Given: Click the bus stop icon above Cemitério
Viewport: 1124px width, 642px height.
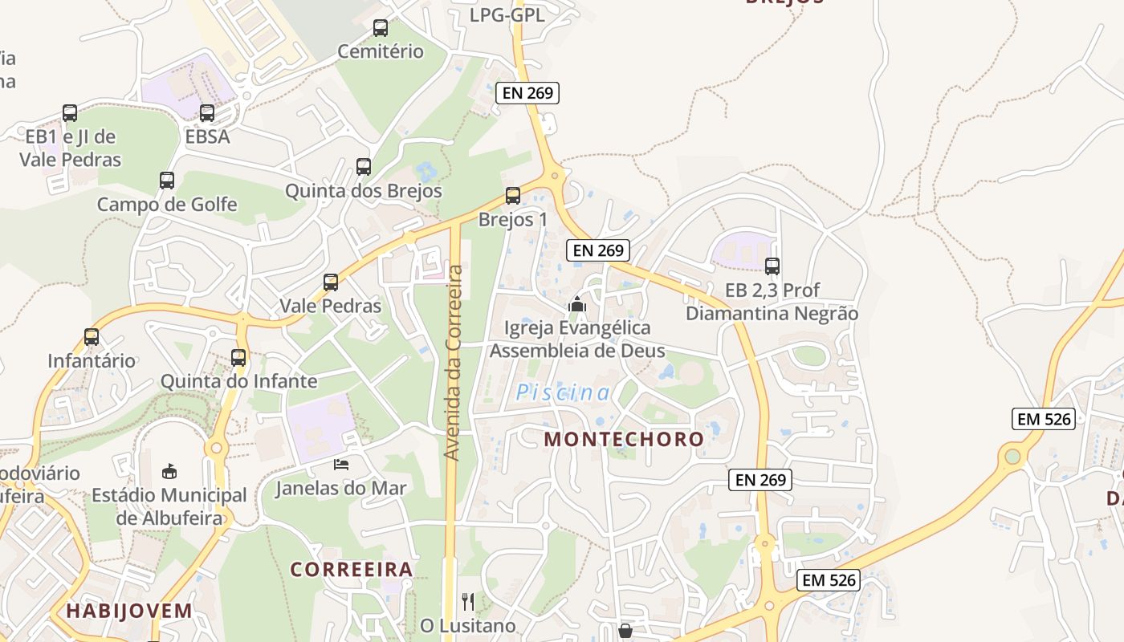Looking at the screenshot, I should click(x=381, y=28).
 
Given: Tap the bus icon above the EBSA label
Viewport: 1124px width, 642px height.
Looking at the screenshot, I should click(x=207, y=113).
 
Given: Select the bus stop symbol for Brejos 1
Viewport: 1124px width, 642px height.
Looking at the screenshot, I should click(x=512, y=196).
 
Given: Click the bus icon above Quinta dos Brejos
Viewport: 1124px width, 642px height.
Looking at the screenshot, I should click(x=364, y=167).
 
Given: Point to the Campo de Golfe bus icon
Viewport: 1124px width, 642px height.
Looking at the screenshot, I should click(x=167, y=181).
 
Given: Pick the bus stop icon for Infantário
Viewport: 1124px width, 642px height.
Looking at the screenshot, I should click(x=92, y=337).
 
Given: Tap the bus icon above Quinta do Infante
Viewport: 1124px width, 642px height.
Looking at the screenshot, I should click(x=238, y=358).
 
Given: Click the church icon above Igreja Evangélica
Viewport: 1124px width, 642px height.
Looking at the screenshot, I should click(x=576, y=304).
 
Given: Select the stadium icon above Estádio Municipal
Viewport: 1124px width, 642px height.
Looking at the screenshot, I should click(x=169, y=471).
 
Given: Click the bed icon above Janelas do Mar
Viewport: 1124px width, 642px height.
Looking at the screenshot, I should click(x=341, y=465).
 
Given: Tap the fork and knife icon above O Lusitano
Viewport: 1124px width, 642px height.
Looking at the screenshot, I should click(x=468, y=601).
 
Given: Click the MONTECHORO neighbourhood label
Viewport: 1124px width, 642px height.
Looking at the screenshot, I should click(x=624, y=439).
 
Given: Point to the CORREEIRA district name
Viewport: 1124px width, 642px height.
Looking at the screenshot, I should click(x=352, y=570).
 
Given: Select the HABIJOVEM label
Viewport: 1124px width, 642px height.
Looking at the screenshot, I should click(x=129, y=611).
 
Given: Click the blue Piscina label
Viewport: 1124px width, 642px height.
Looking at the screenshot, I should click(x=563, y=392).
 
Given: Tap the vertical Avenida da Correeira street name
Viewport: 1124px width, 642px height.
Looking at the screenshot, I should click(x=454, y=363).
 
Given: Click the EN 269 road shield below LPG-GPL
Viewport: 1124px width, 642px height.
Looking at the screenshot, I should click(x=527, y=92).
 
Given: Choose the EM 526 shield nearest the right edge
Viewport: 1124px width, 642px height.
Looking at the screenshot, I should click(x=1044, y=419).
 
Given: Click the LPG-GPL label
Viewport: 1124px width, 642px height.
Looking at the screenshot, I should click(x=507, y=14).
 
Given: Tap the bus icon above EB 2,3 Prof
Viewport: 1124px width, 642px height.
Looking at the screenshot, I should click(x=772, y=266).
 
